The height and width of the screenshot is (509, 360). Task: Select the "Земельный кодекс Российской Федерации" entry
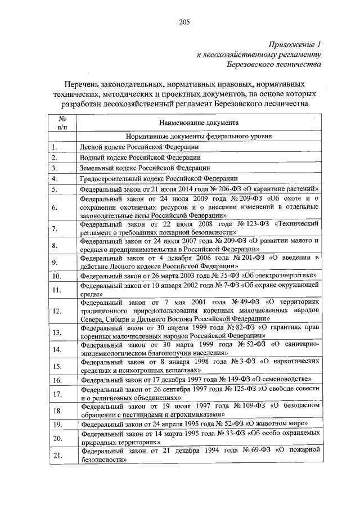click(x=138, y=168)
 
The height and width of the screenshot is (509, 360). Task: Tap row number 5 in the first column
click(x=55, y=189)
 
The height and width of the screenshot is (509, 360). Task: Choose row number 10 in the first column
click(x=57, y=276)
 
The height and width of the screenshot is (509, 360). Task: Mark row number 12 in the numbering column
click(x=57, y=310)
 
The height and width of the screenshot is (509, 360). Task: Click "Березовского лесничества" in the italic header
click(x=278, y=65)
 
